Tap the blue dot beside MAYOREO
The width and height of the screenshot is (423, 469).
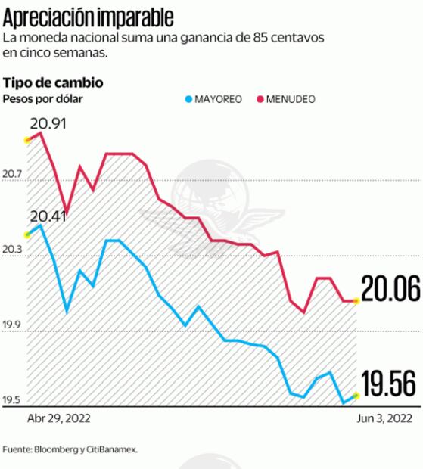pyautogui.click(x=188, y=99)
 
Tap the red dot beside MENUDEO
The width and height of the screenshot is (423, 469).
pyautogui.click(x=260, y=99)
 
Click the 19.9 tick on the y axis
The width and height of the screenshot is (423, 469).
pyautogui.click(x=12, y=326)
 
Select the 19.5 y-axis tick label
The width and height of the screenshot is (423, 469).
pyautogui.click(x=12, y=401)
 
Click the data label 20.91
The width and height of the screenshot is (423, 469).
pyautogui.click(x=46, y=123)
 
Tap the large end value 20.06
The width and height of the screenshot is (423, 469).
pyautogui.click(x=390, y=289)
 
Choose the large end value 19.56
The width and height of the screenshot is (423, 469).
pyautogui.click(x=390, y=384)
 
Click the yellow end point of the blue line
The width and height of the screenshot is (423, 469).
pyautogui.click(x=356, y=396)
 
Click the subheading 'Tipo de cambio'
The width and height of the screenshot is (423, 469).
pyautogui.click(x=53, y=82)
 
